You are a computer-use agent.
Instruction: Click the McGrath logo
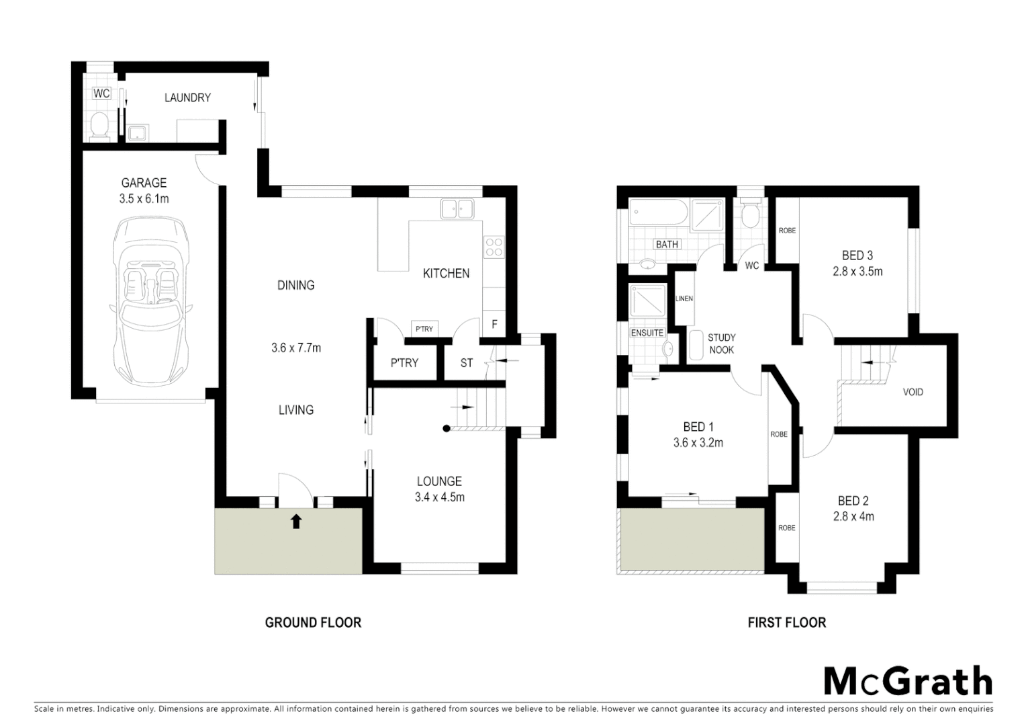pos(907,682)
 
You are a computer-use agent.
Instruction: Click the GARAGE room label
pos(144,183)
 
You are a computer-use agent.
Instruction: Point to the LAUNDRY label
pos(187,97)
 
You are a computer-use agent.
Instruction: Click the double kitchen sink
pos(457,208)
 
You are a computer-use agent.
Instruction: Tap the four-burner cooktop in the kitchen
pos(494,247)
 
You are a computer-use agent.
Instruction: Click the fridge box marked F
pos(494,324)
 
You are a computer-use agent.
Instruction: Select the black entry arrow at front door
pos(295,520)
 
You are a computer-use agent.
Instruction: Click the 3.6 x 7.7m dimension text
pos(296,348)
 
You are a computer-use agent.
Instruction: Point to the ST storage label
pos(467,363)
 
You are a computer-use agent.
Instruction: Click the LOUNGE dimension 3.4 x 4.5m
pos(439,497)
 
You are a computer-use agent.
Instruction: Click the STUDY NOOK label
pos(721,344)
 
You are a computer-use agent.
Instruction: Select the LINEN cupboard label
pos(684,298)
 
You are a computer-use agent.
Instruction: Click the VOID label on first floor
pos(913,392)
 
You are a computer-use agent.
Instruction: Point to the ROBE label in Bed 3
pos(787,231)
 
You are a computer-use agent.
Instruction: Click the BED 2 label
pos(853,501)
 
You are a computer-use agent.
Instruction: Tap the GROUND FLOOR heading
pos(313,622)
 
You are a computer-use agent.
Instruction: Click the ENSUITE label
pos(647,333)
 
